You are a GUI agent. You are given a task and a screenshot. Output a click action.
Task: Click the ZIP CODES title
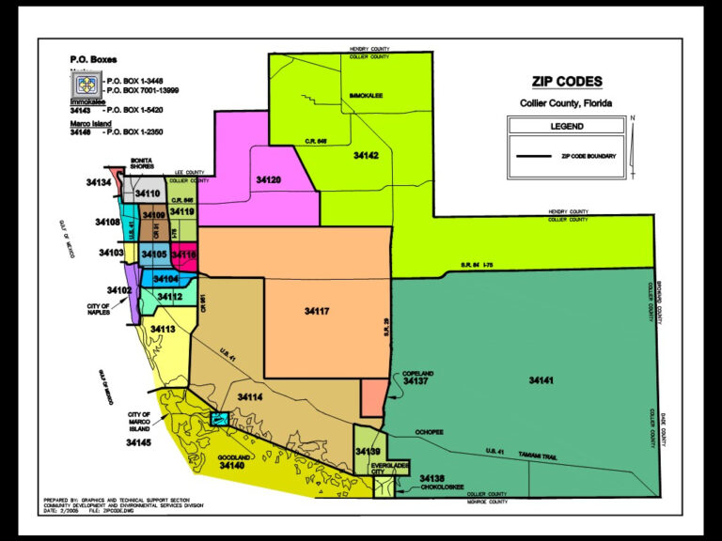pyautogui.click(x=567, y=82)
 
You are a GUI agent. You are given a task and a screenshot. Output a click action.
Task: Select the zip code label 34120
pyautogui.click(x=269, y=178)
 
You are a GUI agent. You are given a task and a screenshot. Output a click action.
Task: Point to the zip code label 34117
pyautogui.click(x=317, y=310)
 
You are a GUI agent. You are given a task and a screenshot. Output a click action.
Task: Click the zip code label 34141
pyautogui.click(x=541, y=380)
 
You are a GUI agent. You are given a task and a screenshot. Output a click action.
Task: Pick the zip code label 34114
pyautogui.click(x=249, y=398)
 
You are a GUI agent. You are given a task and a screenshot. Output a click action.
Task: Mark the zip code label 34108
pyautogui.click(x=106, y=223)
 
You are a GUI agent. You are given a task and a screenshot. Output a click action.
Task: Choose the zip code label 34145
pyautogui.click(x=138, y=441)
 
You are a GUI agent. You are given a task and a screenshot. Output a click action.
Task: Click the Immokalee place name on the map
pyautogui.click(x=367, y=96)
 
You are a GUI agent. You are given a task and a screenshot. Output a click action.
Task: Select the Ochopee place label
pyautogui.click(x=428, y=432)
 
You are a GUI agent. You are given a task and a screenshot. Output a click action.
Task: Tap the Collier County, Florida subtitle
pyautogui.click(x=566, y=102)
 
